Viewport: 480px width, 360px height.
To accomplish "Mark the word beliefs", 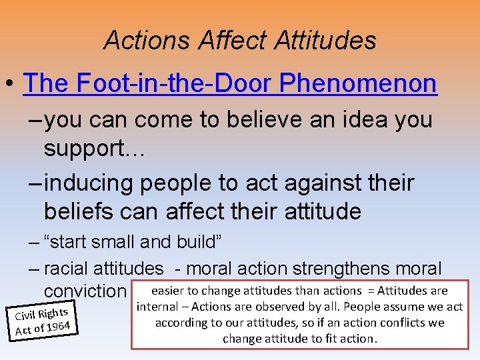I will (x=84, y=211).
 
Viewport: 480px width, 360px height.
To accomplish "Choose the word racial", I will (x=69, y=269).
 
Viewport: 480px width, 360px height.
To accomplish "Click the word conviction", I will (x=84, y=291).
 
